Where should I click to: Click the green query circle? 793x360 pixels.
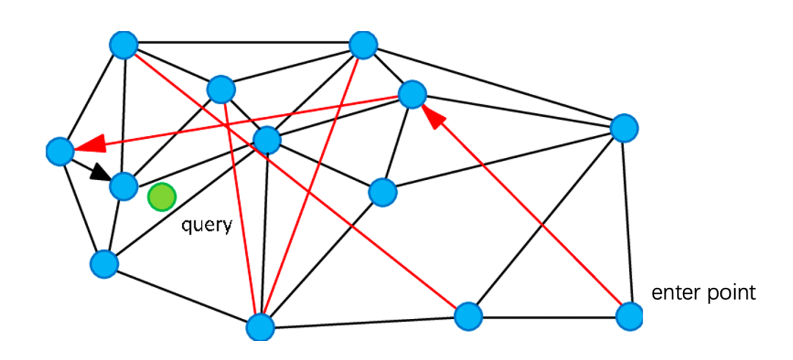coord(162,197)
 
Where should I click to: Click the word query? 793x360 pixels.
coord(207,224)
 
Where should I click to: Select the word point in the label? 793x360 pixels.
coord(731,292)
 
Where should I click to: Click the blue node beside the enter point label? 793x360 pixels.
coord(629,317)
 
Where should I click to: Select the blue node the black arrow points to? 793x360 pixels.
coord(124,187)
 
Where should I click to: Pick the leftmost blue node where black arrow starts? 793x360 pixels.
coord(59,151)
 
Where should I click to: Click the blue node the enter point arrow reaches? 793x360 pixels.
coord(412,94)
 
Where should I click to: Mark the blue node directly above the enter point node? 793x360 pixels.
coord(624,128)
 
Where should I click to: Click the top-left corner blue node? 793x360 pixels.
coord(124,45)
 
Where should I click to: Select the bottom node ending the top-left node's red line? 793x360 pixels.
coord(468,317)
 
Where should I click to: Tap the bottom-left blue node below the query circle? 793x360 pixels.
coord(104,263)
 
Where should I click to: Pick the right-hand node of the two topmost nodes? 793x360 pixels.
coord(363,45)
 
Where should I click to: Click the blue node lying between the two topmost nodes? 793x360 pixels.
coord(220,90)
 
